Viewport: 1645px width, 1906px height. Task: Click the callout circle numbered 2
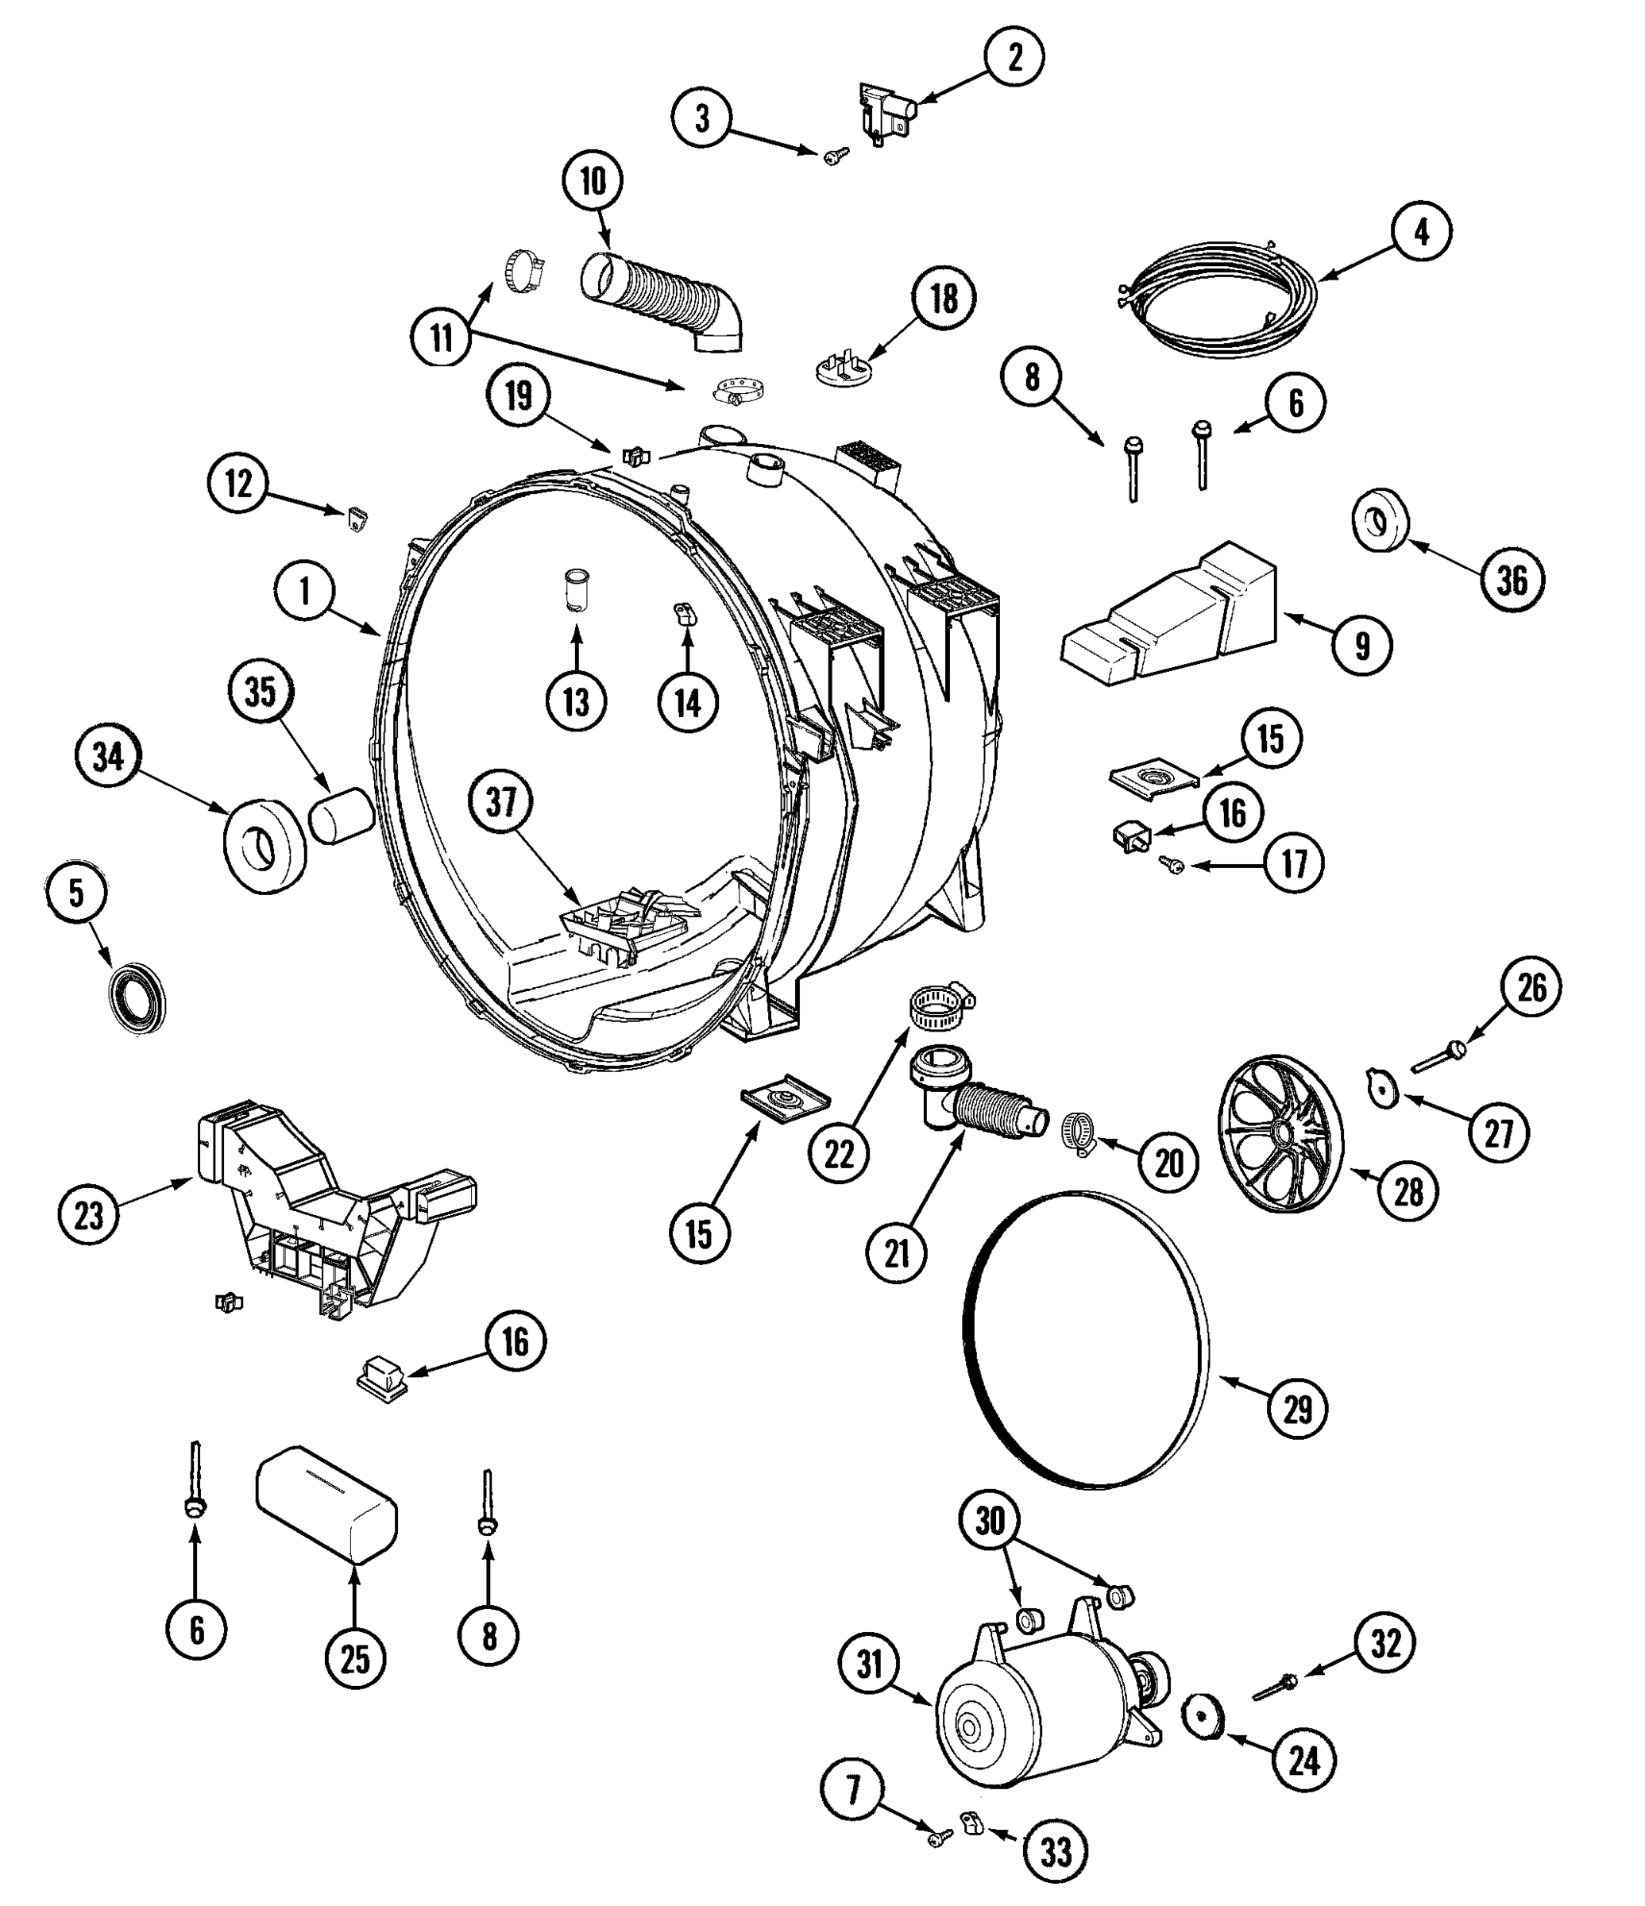pos(1015,57)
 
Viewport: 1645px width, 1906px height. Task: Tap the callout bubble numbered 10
pos(593,181)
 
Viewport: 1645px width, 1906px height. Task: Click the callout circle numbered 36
pos(1512,580)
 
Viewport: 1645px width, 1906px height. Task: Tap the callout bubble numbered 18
pos(944,299)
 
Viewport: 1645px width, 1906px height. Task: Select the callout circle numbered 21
pos(897,1252)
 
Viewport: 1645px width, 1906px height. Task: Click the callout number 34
pos(108,757)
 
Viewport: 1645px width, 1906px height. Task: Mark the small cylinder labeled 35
pos(341,814)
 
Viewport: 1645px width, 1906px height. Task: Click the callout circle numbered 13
pos(576,703)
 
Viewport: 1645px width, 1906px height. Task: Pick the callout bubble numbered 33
pos(1056,1851)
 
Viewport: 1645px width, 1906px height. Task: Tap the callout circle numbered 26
pos(1532,988)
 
